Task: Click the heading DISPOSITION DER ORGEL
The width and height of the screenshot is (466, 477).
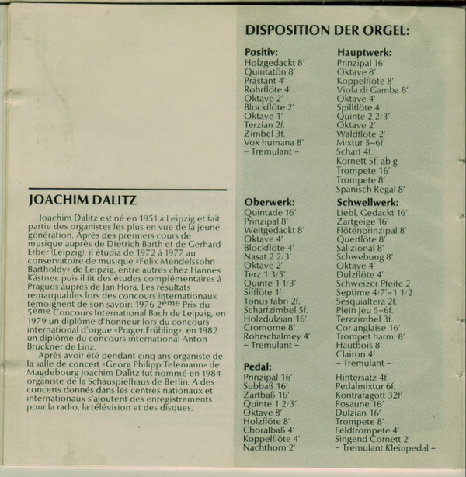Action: [327, 31]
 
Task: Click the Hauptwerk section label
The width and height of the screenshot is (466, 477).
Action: [364, 51]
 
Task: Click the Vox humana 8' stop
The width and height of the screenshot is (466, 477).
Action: [273, 142]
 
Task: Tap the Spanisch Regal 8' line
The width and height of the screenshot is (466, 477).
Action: [371, 189]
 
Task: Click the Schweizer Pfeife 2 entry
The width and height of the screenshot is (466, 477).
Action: [374, 284]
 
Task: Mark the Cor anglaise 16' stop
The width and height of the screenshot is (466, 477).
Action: [367, 327]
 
